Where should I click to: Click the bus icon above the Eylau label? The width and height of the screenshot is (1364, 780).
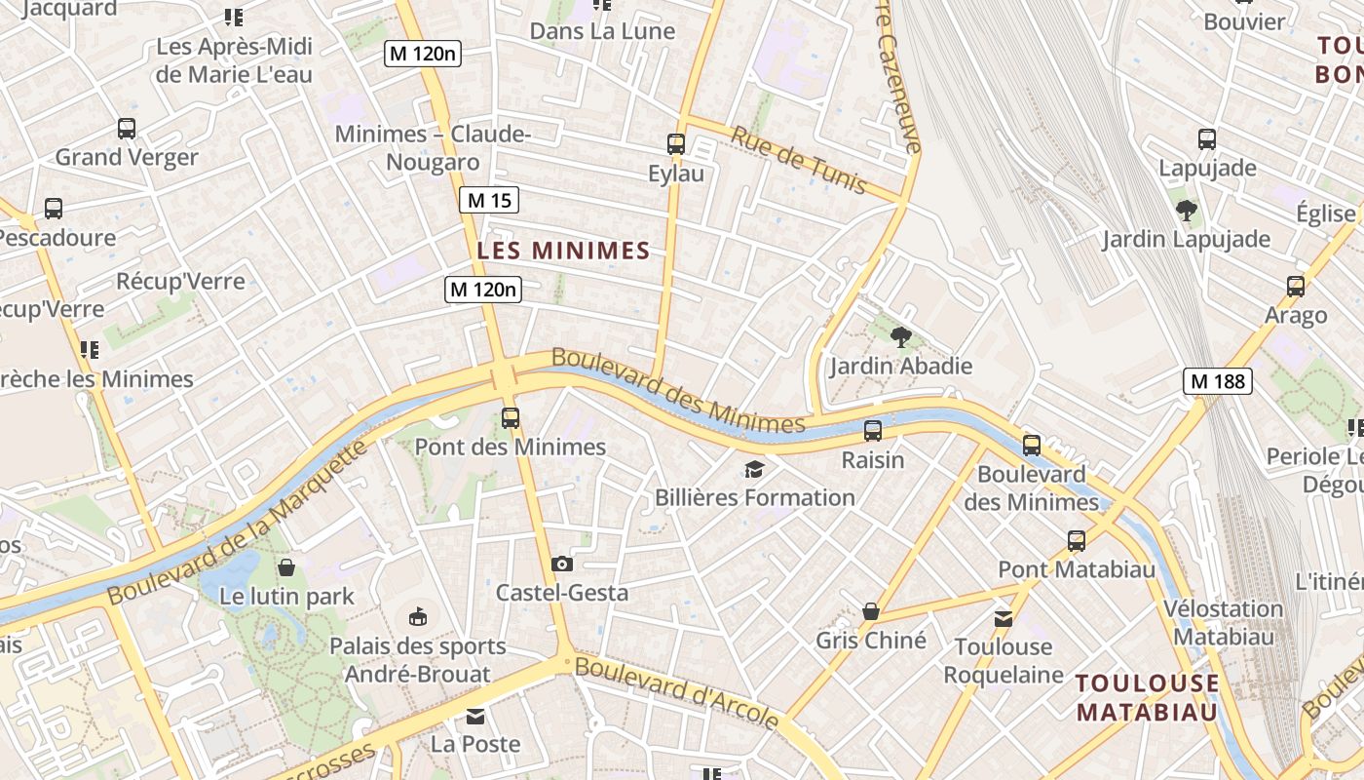point(676,144)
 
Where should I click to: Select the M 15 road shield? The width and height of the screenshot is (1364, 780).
point(488,201)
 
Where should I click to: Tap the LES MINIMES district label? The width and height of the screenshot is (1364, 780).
point(563,251)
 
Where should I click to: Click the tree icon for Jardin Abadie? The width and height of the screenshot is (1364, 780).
point(901,337)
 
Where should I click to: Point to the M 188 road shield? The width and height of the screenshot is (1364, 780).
point(1217,381)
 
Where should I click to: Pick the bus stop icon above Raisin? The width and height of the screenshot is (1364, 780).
point(873,430)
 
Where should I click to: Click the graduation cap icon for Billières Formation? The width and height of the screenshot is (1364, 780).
point(754,470)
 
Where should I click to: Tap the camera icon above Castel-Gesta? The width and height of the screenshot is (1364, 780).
point(561,564)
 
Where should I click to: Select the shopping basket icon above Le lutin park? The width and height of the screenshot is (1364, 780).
point(286,566)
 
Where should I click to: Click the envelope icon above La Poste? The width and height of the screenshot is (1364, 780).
point(474,717)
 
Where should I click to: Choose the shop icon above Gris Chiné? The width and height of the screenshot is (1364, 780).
point(871,611)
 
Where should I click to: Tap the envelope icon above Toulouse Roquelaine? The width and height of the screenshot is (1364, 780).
point(1003,618)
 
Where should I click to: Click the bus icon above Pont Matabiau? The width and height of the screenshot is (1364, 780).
point(1077,540)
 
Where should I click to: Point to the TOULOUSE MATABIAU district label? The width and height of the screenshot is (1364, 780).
point(1148,697)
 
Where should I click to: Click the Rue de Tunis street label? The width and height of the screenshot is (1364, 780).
point(798,160)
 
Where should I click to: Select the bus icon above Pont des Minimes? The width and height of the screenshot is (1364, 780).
point(511,418)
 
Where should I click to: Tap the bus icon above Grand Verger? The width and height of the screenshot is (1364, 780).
point(127,128)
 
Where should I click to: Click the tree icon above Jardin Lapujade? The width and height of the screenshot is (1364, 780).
point(1186,210)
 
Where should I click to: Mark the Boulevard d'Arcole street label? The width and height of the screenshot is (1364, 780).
point(676,692)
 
